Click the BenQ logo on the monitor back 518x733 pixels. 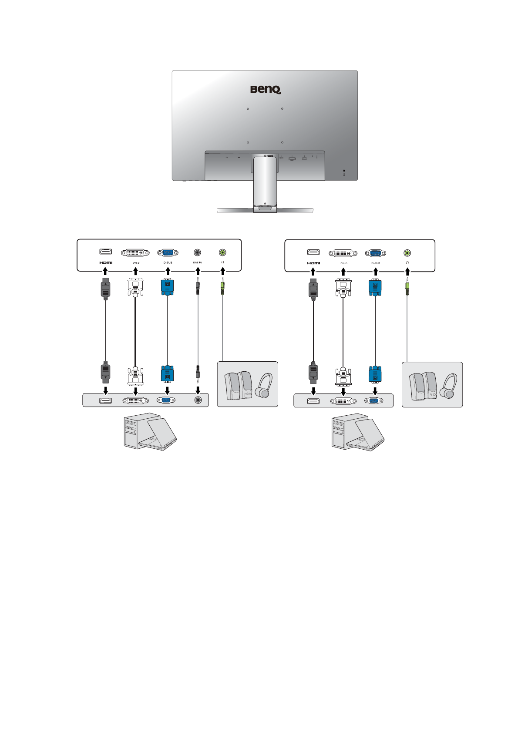266,89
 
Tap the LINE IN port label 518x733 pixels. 197,263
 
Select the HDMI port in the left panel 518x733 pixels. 106,252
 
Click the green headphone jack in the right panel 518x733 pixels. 407,252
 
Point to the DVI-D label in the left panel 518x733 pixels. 136,263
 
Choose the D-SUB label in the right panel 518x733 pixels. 375,263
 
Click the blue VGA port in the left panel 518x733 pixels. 168,252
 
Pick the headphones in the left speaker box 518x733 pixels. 264,386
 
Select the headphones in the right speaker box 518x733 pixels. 448,386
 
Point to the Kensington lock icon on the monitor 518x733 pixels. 344,170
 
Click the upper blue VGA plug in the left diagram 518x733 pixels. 168,288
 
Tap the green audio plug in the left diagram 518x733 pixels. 222,287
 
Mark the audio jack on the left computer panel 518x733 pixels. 198,400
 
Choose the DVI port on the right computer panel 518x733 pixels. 343,400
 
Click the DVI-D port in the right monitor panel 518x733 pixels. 343,252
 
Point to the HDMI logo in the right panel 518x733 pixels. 313,263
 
